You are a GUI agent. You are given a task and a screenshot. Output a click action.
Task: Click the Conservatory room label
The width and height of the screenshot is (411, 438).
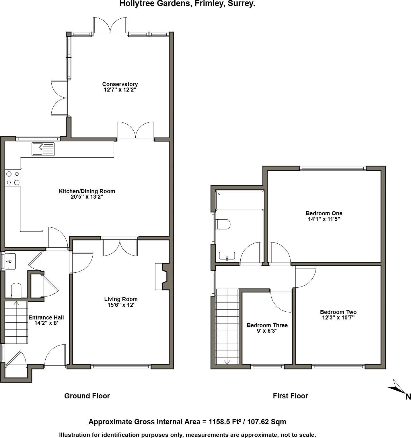120,84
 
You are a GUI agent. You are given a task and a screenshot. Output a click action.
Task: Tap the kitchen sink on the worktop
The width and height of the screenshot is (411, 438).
43,149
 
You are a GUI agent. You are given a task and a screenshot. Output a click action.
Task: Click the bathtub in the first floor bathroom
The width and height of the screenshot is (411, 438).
239,200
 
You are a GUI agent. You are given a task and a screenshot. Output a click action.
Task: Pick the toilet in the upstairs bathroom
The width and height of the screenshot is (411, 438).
223,224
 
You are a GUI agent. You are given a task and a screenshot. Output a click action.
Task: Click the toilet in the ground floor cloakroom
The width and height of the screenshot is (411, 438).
16,290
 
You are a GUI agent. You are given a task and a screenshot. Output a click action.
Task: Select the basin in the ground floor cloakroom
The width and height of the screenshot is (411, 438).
11,261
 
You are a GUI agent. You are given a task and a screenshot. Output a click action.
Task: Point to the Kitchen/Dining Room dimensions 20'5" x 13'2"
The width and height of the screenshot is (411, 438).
87,197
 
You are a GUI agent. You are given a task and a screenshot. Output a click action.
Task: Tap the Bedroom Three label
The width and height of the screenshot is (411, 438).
267,325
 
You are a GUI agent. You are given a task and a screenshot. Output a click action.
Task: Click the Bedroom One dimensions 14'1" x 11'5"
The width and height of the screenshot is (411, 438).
324,219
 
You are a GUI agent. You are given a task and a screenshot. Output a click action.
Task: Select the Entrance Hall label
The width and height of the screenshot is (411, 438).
46,317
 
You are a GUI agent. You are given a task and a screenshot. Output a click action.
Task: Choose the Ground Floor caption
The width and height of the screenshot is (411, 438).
87,396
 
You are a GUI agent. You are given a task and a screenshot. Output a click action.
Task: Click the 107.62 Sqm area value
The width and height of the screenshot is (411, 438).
266,422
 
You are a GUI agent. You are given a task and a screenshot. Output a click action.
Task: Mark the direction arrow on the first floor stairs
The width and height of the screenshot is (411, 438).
227,362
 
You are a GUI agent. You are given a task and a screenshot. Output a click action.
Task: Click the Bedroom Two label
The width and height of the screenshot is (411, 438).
338,312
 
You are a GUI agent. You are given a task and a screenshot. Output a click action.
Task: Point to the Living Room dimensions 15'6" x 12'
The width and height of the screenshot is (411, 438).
121,305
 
